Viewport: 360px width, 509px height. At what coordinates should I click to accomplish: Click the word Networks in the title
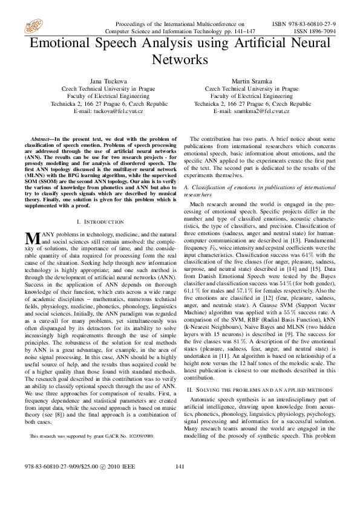pos(179,60)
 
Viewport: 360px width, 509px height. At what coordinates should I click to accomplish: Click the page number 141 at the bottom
pos(179,483)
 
